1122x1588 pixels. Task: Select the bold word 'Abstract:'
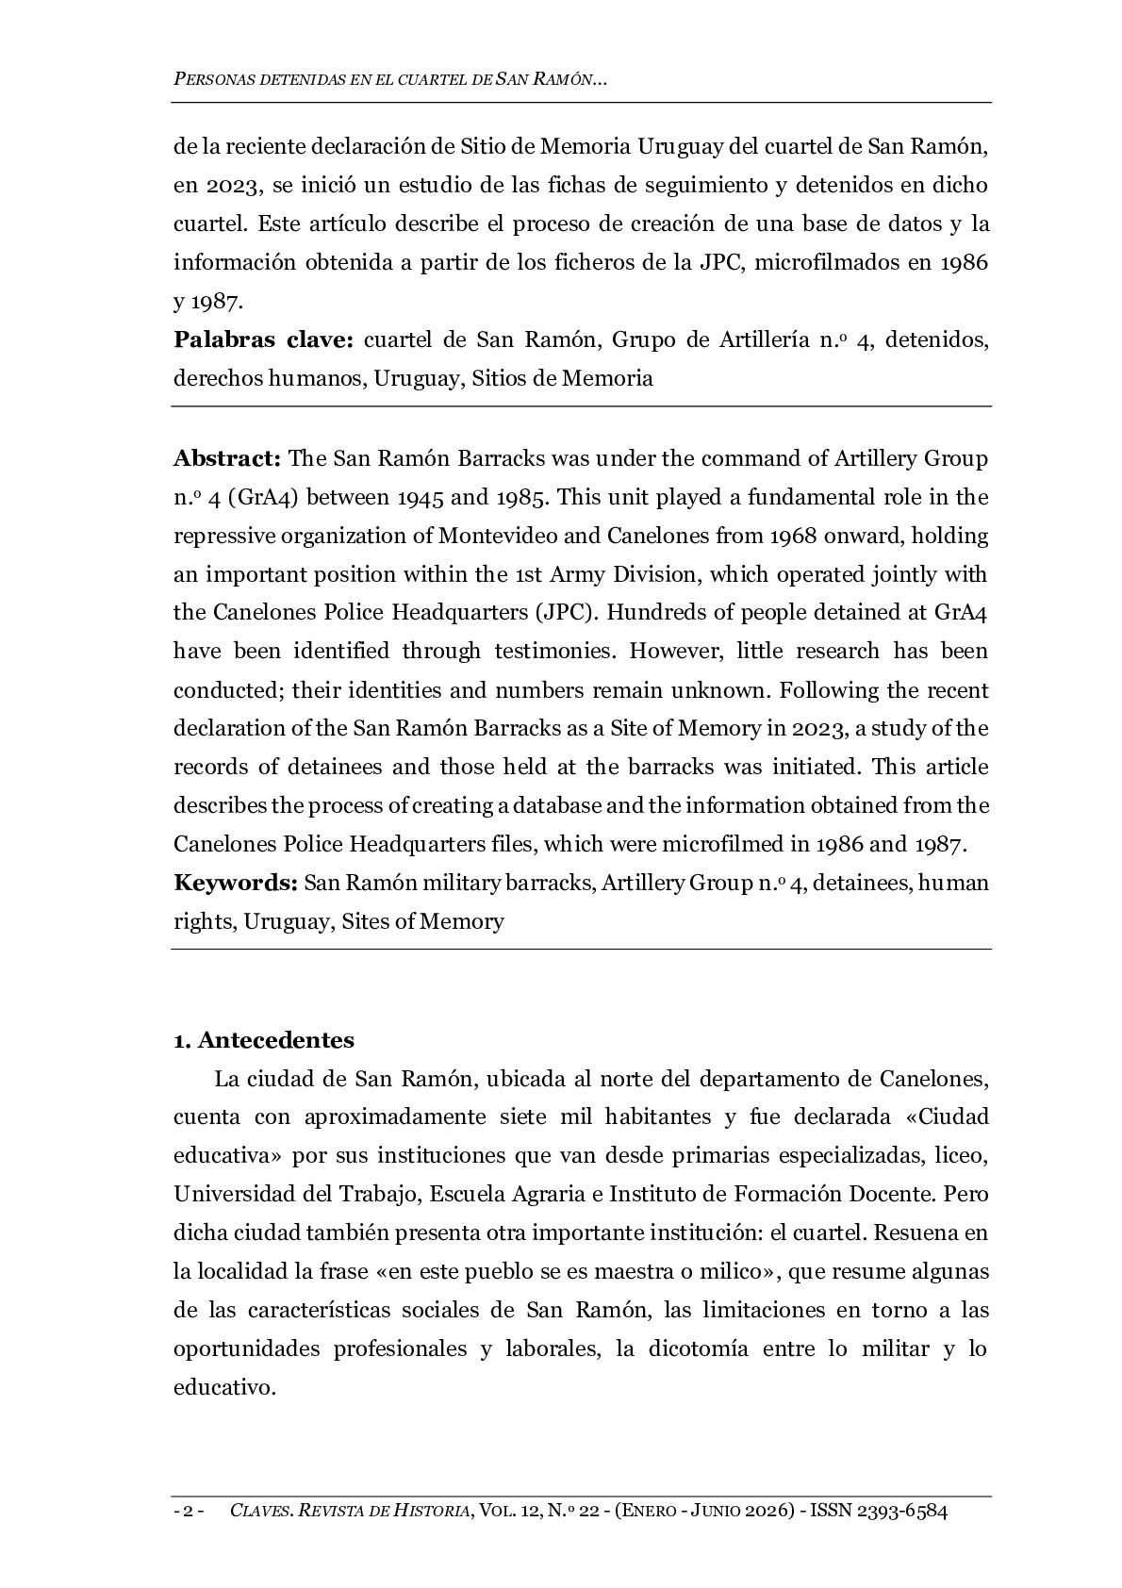[x=227, y=459]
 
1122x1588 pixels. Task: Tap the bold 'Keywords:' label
[x=236, y=884]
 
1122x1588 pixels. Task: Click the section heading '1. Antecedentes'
[x=263, y=1040]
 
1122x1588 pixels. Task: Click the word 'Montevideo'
[x=489, y=537]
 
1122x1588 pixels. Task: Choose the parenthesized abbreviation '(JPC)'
[x=565, y=613]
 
